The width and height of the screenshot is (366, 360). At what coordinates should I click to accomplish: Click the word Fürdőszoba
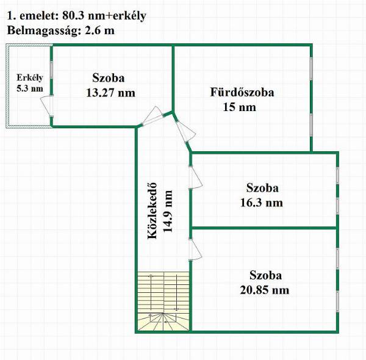click(242, 92)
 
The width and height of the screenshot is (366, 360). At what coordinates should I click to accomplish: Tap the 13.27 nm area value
click(110, 93)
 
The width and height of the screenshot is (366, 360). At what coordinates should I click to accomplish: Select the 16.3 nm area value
click(262, 203)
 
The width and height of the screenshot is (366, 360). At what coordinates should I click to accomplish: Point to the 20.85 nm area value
click(265, 290)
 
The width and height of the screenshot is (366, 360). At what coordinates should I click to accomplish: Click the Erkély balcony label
click(30, 77)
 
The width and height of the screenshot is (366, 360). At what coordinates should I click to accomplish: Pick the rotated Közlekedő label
click(152, 211)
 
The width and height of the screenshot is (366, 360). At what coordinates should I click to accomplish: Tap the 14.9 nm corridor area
click(168, 211)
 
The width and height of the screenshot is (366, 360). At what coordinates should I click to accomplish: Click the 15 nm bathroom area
click(240, 107)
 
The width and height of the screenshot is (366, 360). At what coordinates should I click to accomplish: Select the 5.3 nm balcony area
click(30, 88)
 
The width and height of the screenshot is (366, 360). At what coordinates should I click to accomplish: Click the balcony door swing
click(47, 106)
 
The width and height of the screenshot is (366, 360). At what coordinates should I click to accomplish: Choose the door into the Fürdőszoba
click(185, 131)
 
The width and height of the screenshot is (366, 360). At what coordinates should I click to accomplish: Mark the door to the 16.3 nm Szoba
click(195, 177)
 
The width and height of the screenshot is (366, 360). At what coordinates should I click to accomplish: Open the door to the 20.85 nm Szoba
click(195, 250)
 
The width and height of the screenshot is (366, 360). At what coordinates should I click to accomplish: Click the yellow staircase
click(163, 301)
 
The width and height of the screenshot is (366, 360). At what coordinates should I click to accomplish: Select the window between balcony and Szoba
click(52, 70)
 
